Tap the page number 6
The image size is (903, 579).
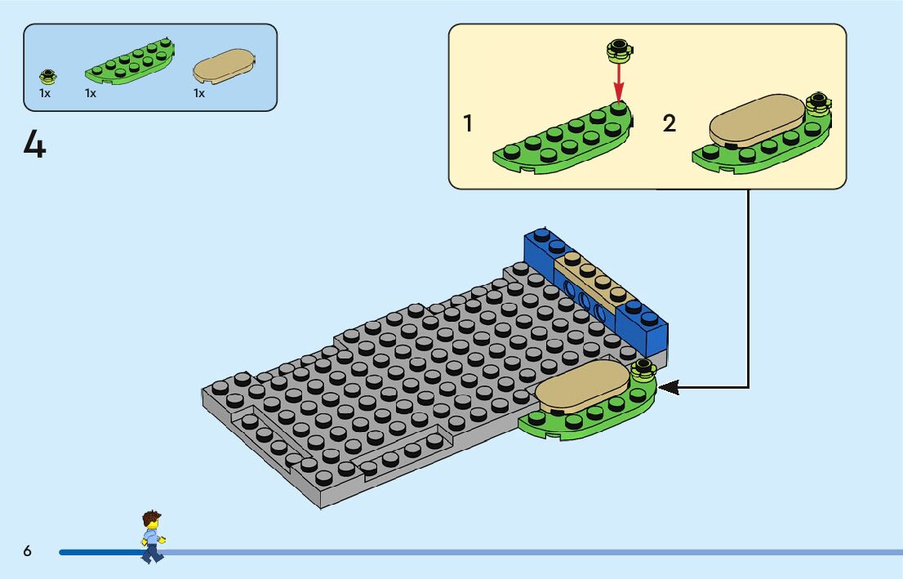coord(27,551)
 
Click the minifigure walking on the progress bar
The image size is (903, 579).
coord(151,537)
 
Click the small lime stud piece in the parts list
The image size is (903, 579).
coord(48,77)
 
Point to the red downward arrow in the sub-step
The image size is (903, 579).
coord(619,82)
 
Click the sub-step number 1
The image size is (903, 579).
coord(468,124)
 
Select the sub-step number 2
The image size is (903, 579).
coord(669,124)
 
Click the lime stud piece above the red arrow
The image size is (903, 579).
coord(618,51)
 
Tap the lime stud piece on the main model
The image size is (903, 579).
coord(643,369)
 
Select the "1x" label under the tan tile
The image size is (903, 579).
coord(199,93)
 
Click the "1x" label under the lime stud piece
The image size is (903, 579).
coord(45,93)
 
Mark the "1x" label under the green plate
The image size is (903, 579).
coord(91,93)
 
